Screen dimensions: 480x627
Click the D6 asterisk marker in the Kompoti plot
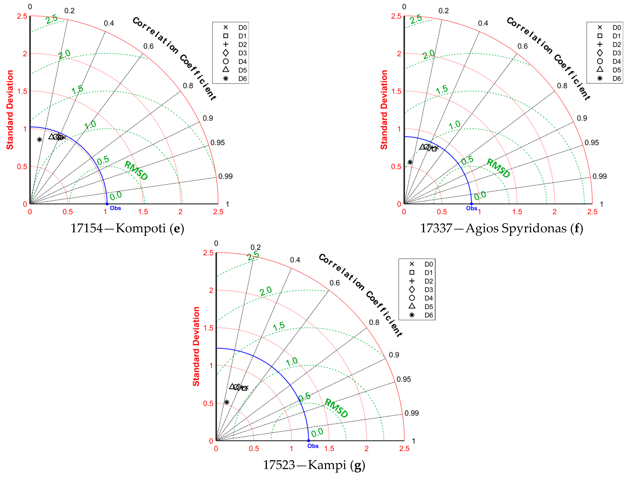(x=39, y=139)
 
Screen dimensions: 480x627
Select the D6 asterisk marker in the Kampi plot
(x=226, y=402)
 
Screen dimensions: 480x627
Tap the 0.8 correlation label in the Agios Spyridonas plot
(x=562, y=86)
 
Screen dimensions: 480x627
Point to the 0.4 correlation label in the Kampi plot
(x=295, y=260)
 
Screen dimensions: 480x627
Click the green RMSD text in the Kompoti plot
(x=136, y=171)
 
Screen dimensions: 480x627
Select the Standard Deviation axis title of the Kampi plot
(x=196, y=346)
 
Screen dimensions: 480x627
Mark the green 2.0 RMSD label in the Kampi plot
(x=266, y=291)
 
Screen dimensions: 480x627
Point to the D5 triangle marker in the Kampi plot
(x=232, y=386)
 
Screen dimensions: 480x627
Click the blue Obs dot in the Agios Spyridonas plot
(x=471, y=204)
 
